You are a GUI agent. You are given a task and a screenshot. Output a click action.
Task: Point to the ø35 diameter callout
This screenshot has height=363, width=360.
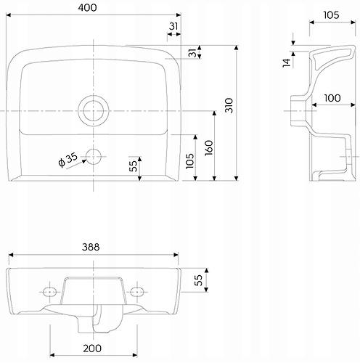[67, 160]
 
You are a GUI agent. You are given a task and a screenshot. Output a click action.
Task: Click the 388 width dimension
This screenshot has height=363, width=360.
[92, 247]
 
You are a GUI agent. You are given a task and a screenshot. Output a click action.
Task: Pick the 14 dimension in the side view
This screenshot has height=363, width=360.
[287, 62]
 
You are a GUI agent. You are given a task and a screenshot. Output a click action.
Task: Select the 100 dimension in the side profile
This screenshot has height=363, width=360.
[333, 97]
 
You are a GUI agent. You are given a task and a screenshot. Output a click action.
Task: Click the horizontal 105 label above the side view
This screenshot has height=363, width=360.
[331, 15]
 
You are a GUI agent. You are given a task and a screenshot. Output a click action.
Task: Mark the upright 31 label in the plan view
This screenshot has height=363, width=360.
[173, 27]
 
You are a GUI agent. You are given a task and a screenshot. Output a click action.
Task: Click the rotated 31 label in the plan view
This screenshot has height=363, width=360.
[191, 54]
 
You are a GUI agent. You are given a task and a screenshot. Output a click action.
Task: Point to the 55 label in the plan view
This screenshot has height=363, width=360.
[134, 166]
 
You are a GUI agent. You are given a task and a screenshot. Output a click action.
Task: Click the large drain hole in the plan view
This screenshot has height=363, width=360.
[92, 110]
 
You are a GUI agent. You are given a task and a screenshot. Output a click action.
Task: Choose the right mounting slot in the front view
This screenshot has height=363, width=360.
[136, 290]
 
